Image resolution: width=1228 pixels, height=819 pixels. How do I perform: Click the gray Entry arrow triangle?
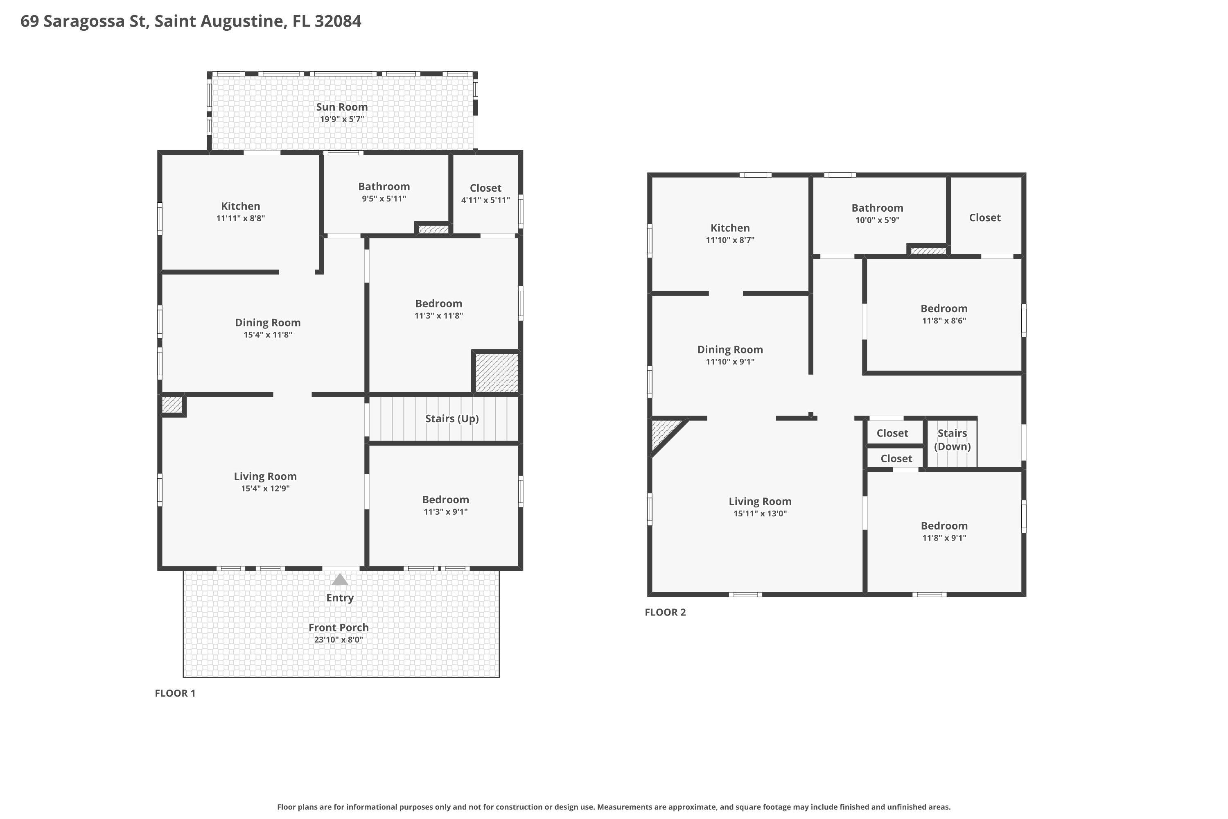(x=340, y=579)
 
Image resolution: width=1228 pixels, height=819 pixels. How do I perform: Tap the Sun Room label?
(x=342, y=107)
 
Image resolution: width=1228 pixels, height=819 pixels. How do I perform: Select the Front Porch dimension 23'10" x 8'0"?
(x=339, y=640)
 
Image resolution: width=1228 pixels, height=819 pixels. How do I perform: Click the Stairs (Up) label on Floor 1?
(x=451, y=419)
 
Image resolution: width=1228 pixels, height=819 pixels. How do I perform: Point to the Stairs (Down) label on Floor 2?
(x=953, y=440)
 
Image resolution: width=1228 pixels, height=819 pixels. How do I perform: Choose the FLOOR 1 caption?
(x=175, y=693)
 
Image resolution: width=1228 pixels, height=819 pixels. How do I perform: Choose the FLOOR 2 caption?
(x=665, y=612)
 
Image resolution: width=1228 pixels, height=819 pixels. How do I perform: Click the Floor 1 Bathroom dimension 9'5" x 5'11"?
(x=384, y=199)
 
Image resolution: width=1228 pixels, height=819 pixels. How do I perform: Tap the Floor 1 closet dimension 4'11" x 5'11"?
(x=485, y=200)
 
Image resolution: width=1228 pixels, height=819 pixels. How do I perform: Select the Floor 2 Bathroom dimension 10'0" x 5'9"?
(x=877, y=220)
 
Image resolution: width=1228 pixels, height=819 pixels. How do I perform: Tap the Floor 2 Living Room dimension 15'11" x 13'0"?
(x=760, y=514)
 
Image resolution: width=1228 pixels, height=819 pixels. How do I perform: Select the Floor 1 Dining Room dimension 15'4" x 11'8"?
(x=268, y=335)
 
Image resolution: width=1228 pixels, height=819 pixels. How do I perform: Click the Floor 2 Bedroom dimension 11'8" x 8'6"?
(x=944, y=321)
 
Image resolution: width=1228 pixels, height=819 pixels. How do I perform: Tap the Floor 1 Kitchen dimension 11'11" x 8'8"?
(x=241, y=218)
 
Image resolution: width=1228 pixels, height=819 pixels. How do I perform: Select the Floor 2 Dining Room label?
(x=730, y=349)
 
